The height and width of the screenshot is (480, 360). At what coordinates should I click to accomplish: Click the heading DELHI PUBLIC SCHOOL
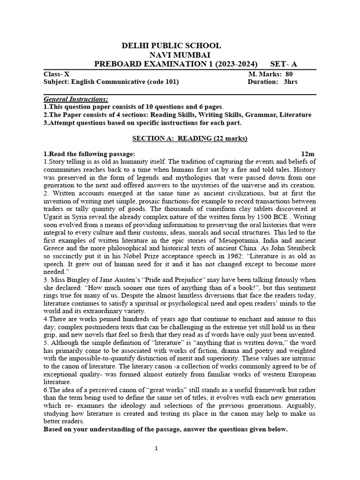171,45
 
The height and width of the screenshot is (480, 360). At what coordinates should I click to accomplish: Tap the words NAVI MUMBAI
171,55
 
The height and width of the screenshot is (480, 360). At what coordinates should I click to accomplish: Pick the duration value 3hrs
291,82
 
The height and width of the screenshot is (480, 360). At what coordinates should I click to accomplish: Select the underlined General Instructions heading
75,99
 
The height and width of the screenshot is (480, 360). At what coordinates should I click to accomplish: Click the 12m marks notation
307,154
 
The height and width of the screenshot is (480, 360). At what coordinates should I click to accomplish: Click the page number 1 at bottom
157,449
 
